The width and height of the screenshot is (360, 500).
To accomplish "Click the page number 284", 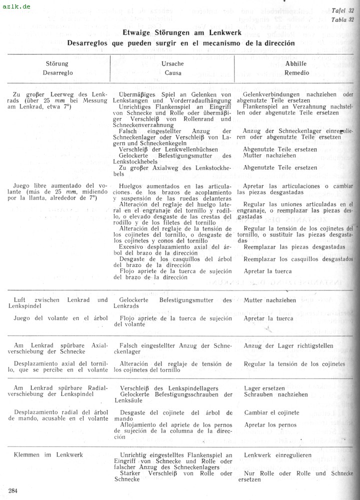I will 13,490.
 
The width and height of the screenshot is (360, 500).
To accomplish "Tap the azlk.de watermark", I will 15,6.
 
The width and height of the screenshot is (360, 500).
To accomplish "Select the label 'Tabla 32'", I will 342,19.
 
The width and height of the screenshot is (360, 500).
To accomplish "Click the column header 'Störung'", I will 57,64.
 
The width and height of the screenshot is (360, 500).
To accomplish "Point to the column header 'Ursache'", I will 172,64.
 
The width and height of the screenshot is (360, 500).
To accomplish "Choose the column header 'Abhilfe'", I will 296,64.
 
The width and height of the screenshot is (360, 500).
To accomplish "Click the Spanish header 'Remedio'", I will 296,72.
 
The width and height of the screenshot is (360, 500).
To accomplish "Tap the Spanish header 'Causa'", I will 173,72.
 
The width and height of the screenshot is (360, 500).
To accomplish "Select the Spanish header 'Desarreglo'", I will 57,72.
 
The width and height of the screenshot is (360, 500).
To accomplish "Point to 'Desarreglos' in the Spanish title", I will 89,43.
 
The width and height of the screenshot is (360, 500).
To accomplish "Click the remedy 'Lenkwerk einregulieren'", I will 277,455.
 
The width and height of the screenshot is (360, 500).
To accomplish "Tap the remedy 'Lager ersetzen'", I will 264,388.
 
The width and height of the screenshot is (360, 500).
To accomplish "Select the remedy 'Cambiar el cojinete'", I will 271,413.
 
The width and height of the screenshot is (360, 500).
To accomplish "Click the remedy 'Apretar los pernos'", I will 270,425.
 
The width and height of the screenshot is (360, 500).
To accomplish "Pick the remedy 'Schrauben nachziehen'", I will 275,394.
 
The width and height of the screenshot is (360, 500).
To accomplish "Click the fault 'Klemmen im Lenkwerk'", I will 48,455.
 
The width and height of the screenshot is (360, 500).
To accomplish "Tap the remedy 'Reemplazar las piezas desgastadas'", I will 294,247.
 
